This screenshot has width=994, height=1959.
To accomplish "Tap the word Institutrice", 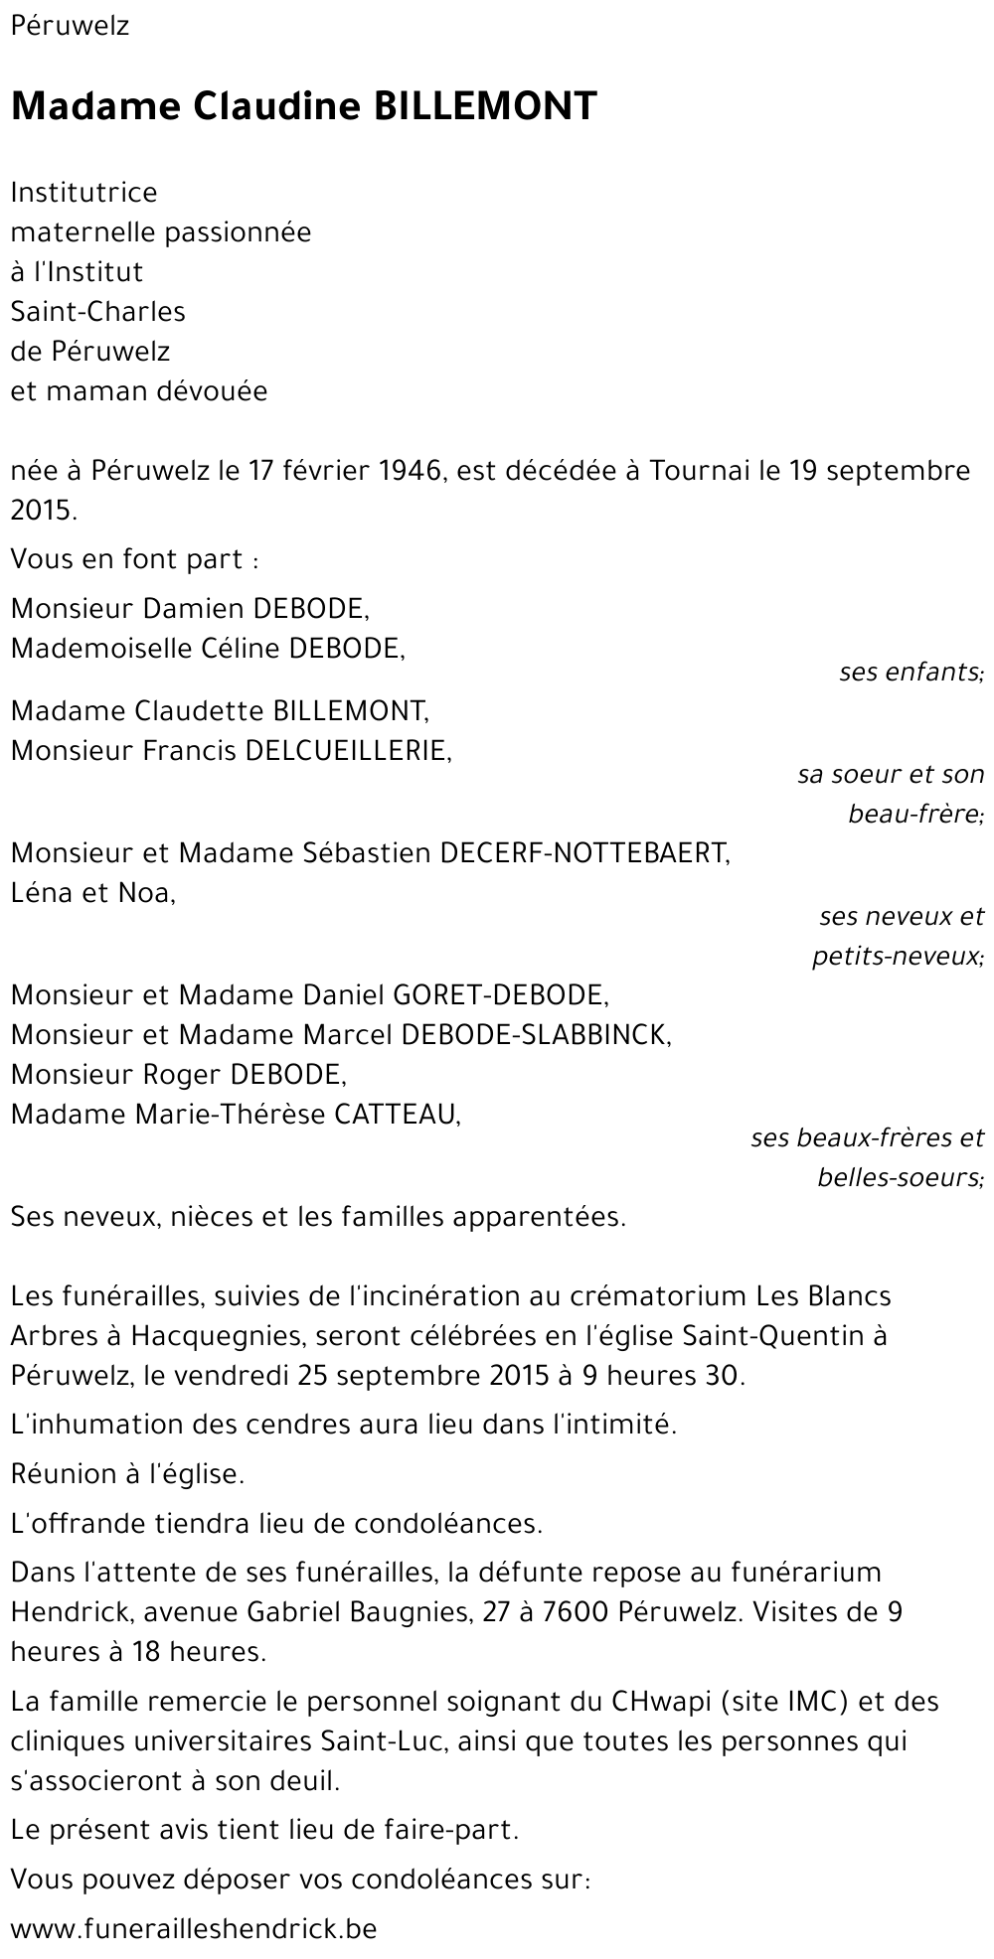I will point(83,192).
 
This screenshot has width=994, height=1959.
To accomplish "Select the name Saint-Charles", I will point(97,311).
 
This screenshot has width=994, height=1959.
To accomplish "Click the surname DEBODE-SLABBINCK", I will point(536,1034).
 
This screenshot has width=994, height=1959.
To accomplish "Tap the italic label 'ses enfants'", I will point(911,673).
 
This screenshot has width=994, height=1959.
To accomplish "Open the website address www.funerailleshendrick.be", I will point(194,1929).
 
